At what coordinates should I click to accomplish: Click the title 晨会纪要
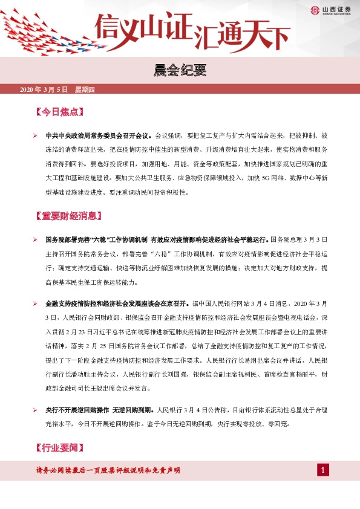click(180, 70)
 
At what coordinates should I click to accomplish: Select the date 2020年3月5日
click(45, 90)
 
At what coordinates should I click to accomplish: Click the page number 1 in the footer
click(324, 470)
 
